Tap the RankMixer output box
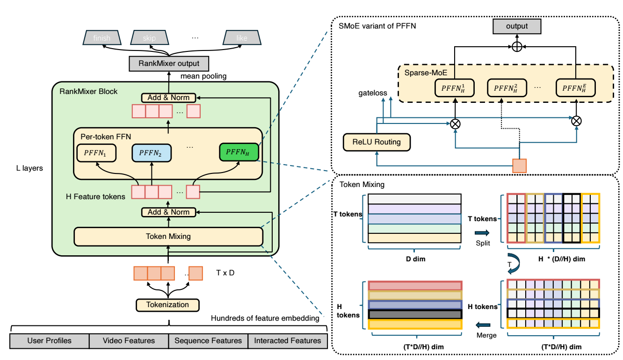(169, 63)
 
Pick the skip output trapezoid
(149, 38)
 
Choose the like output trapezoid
(242, 38)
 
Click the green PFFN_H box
(239, 151)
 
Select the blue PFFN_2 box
(151, 152)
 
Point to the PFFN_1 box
(95, 152)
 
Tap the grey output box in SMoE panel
(517, 27)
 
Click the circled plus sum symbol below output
(517, 47)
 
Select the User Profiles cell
(50, 341)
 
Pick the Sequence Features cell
(208, 341)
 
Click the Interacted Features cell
(288, 341)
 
